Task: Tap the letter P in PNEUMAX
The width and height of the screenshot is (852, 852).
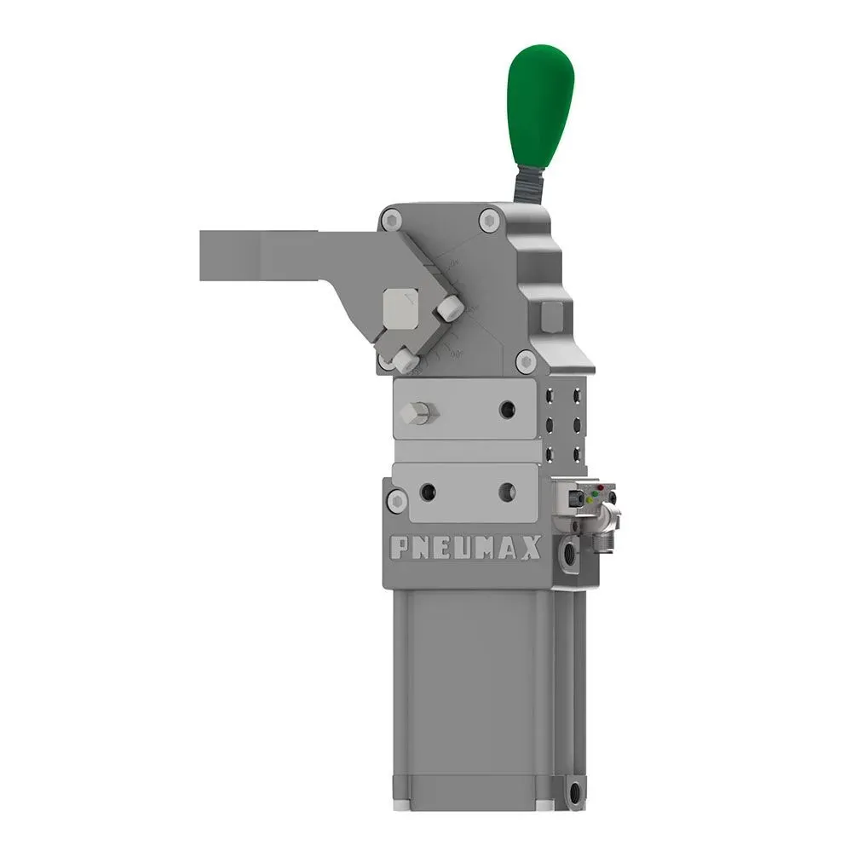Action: coord(398,549)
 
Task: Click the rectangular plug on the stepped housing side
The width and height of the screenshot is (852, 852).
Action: coord(551,316)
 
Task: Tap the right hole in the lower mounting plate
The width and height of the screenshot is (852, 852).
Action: coord(508,492)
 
